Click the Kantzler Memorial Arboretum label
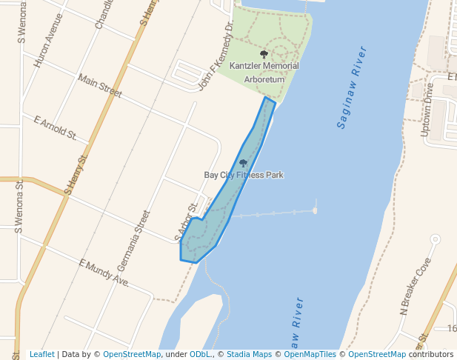[264, 72]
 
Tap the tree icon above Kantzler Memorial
[264, 54]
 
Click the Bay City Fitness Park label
[244, 175]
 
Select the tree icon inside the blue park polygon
[243, 163]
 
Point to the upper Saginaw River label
[352, 87]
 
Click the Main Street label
[99, 86]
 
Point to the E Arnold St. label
[56, 127]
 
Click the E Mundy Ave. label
[104, 273]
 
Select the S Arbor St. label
[187, 223]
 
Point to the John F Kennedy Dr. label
[216, 55]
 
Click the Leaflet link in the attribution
[41, 355]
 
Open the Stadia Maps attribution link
[247, 355]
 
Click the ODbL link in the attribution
[200, 355]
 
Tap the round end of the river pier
[315, 210]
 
